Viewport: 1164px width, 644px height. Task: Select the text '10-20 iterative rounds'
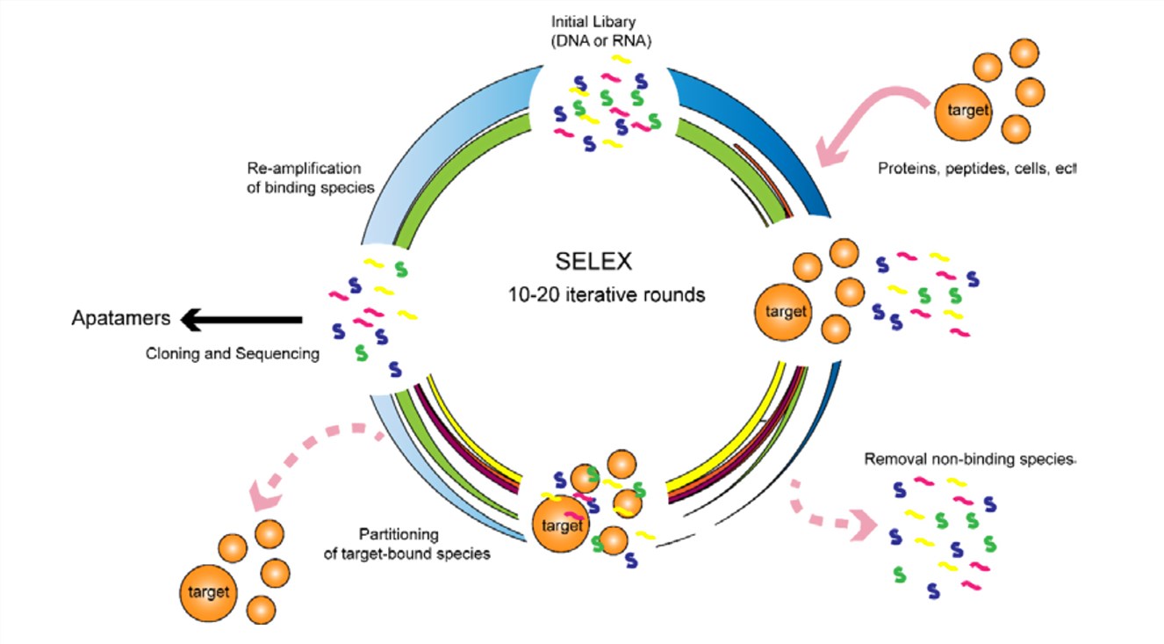tap(606, 295)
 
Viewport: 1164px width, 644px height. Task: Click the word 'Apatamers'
tap(120, 318)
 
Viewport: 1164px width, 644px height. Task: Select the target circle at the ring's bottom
tap(562, 526)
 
